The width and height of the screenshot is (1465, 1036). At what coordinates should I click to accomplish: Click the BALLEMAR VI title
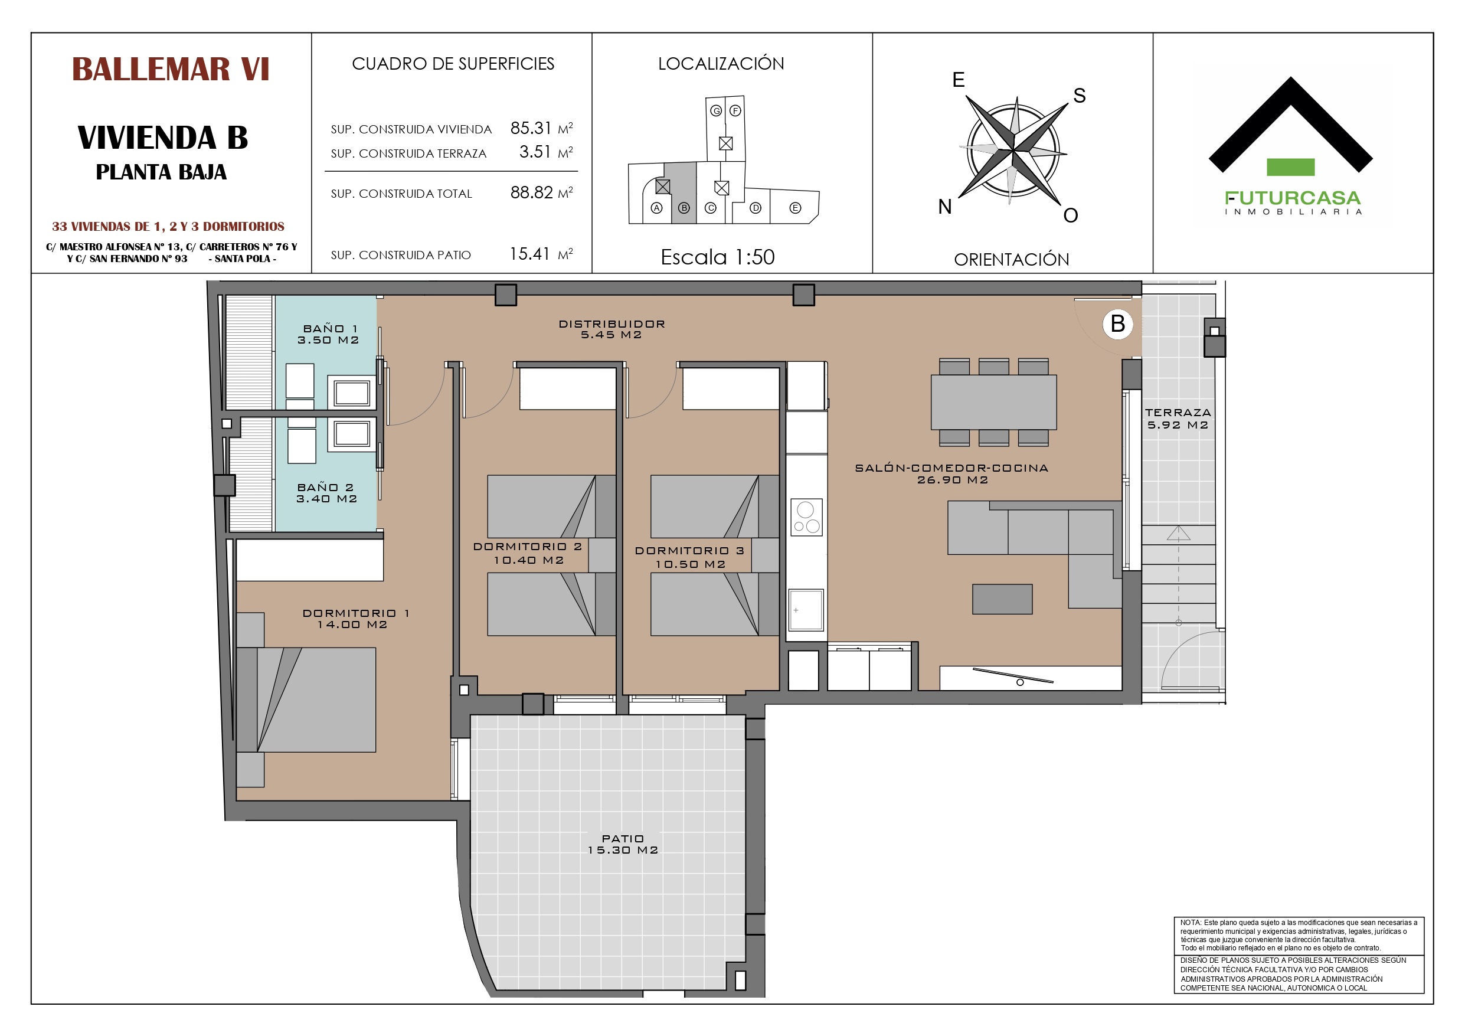(171, 69)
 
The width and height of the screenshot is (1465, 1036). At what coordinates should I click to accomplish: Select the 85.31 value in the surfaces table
(530, 128)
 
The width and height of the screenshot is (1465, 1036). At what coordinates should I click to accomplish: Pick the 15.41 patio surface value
(529, 254)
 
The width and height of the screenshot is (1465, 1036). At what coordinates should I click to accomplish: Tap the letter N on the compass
(945, 207)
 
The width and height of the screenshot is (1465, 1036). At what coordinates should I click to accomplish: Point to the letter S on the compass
(1080, 96)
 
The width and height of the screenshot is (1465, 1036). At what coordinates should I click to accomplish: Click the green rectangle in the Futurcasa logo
(1291, 166)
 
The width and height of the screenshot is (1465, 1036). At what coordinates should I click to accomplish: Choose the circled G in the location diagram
(717, 111)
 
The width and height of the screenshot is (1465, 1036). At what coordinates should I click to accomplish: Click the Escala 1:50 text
(718, 257)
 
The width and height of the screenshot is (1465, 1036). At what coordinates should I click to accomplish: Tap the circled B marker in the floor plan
(1118, 323)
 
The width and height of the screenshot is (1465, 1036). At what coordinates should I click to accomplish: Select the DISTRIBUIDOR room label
(612, 323)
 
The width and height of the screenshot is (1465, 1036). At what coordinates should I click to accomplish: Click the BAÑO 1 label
(331, 329)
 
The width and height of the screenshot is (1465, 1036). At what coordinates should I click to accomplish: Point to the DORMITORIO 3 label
(690, 551)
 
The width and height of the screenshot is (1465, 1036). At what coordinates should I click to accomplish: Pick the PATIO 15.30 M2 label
(623, 845)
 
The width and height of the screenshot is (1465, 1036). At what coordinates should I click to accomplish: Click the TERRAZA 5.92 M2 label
(1178, 419)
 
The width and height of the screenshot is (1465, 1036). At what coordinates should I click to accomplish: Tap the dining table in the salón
(993, 402)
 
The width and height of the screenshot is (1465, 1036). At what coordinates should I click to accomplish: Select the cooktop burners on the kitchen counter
(806, 517)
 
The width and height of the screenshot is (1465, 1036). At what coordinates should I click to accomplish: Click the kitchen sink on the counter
(806, 610)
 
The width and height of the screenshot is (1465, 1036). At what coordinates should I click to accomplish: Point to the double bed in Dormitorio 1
(306, 700)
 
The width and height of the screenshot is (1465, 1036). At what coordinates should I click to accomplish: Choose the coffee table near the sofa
(1002, 599)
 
